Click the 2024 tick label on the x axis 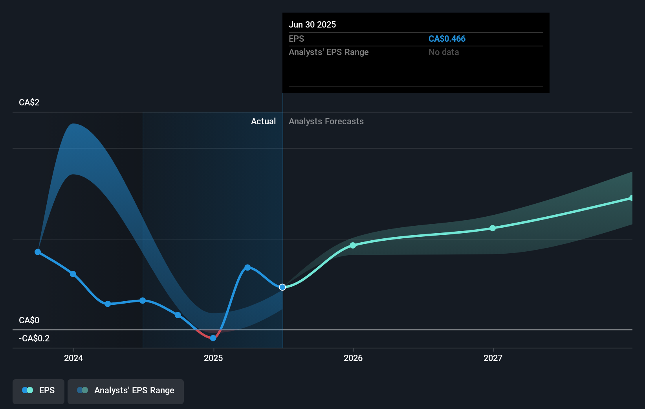(73, 358)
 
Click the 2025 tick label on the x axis (213, 358)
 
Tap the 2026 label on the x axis (353, 358)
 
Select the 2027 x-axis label (493, 358)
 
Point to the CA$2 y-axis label (29, 103)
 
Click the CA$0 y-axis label (29, 321)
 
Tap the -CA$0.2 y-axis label (34, 339)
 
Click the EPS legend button (38, 391)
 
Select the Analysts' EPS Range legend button (126, 391)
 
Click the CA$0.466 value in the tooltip (447, 39)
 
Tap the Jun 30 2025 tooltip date (312, 25)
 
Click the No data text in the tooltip (443, 52)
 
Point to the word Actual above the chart (263, 122)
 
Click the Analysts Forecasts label (326, 122)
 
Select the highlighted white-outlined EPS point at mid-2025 (282, 287)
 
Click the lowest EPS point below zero (213, 338)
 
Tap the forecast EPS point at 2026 (353, 245)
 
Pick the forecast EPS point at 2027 (493, 228)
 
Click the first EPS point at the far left (38, 252)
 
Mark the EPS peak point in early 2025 (247, 267)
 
